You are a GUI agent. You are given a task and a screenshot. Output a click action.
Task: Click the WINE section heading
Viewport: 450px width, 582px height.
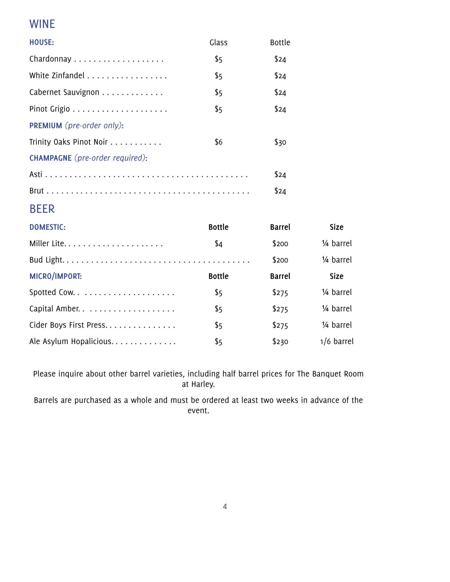coord(42,24)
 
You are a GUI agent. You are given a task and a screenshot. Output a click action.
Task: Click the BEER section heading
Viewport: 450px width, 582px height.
coord(42,209)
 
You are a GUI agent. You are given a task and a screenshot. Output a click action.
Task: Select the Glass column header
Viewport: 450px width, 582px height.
coord(218,43)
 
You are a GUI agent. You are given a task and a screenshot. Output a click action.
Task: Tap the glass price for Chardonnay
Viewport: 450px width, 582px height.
coord(218,59)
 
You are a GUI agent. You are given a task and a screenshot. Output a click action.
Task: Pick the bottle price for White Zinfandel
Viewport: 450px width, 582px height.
coord(280,76)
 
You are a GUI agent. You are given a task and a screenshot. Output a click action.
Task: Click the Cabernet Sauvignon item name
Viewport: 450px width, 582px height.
coord(64,92)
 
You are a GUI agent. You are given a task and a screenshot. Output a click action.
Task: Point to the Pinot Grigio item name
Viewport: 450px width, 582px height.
coord(49,109)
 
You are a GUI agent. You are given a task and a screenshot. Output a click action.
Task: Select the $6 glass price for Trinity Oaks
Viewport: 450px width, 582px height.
coord(218,142)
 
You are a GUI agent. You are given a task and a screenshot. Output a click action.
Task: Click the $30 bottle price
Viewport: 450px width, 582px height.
coord(280,142)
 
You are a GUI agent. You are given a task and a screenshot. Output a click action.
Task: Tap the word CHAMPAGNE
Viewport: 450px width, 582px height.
coord(50,158)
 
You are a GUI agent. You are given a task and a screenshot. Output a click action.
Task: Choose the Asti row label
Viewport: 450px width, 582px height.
coord(36,175)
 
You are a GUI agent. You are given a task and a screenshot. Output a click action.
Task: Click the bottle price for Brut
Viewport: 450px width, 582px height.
coord(280,191)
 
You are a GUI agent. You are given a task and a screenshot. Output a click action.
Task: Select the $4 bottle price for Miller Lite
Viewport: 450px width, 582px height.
coord(218,244)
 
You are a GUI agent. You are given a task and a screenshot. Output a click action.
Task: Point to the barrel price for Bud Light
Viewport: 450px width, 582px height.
coord(280,260)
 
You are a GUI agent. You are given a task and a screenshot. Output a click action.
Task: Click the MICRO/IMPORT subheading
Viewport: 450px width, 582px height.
coord(55,276)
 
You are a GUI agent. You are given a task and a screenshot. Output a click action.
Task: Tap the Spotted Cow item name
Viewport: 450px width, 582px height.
coord(52,293)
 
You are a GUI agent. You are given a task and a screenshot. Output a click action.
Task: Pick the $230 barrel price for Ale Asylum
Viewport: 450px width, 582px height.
coord(280,342)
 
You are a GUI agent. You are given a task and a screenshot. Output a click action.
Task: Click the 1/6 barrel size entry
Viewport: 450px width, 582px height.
coord(337,342)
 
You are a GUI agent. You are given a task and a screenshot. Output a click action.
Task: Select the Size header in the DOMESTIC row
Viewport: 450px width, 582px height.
coord(337,227)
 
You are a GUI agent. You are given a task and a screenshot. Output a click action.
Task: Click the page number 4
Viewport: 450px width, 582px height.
coord(225,507)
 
